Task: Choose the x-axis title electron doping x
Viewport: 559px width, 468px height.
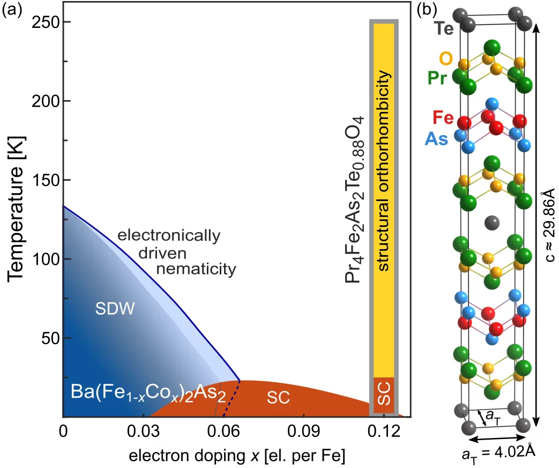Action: [236, 455]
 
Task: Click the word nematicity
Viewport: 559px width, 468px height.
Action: [196, 268]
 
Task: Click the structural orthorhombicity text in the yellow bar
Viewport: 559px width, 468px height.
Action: [384, 155]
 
